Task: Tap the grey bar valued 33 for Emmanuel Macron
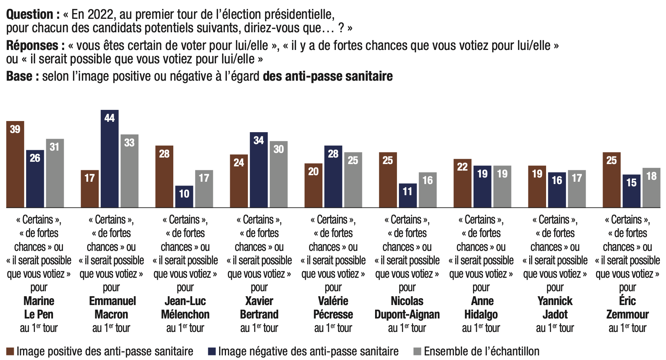tap(130, 171)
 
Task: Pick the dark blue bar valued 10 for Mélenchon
tap(184, 197)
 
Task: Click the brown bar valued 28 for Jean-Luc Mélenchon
tap(164, 177)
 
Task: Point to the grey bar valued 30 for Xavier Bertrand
tap(279, 174)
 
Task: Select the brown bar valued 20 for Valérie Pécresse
tap(313, 186)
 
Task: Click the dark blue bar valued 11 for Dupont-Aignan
tap(408, 196)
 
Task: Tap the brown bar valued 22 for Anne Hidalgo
tap(462, 183)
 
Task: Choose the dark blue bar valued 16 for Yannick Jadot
tap(557, 190)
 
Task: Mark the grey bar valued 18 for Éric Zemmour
tap(651, 188)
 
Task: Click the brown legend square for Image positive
tap(10, 352)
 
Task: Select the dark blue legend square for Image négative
tap(212, 352)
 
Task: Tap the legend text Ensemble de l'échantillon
tap(482, 351)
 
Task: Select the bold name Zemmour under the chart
tap(628, 314)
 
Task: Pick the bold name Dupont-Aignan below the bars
tap(407, 314)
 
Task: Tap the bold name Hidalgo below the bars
tap(481, 314)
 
